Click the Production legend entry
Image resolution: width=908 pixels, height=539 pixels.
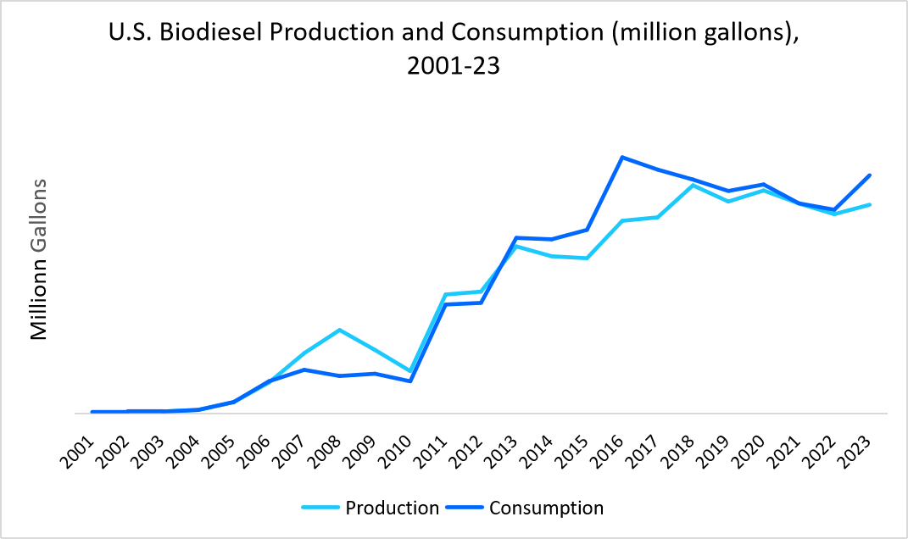392,508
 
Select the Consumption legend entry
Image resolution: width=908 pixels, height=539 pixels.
546,508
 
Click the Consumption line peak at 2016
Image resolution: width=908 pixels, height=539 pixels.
622,157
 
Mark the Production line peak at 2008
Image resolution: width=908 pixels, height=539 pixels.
339,330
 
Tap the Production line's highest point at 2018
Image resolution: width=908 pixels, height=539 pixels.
694,185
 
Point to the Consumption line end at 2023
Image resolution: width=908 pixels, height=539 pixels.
871,175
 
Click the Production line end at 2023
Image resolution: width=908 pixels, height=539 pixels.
871,204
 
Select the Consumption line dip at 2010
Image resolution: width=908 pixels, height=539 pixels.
410,381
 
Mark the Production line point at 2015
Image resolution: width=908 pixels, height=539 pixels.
587,258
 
